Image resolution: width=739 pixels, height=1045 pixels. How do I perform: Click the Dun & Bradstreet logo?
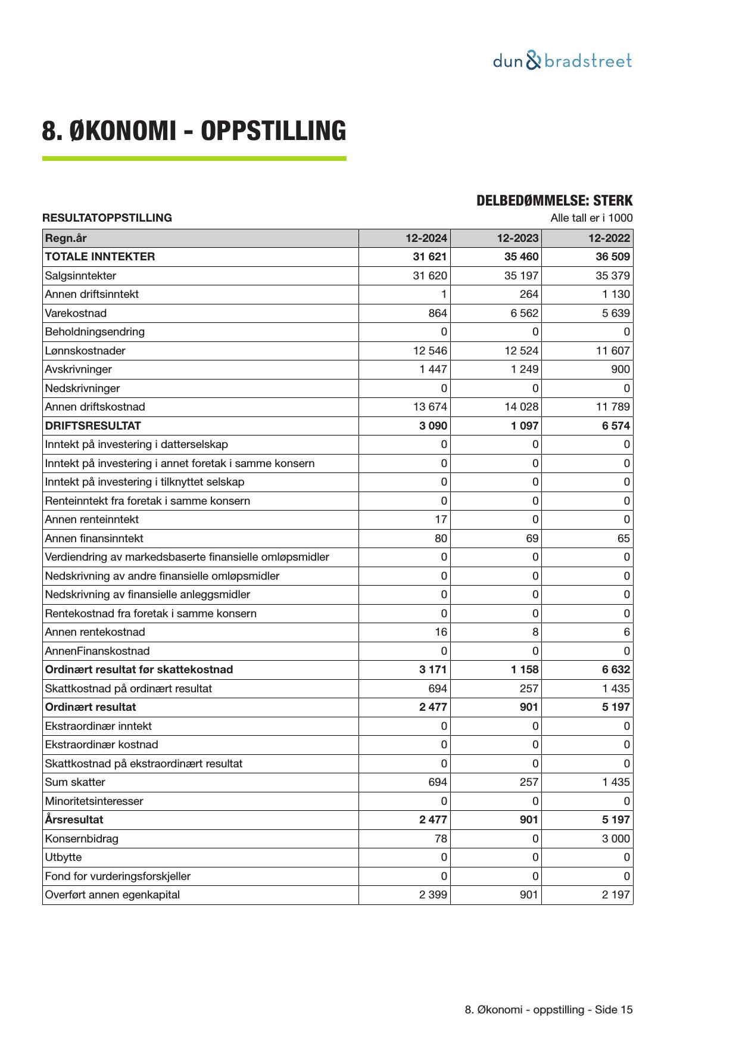tap(562, 61)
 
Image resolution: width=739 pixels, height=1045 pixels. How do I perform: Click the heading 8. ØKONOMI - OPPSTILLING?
tap(194, 131)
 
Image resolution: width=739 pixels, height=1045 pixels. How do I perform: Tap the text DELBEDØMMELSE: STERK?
tap(554, 201)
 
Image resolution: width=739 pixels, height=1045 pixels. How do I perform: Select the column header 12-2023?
tap(517, 238)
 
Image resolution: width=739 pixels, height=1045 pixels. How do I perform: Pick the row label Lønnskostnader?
tap(85, 351)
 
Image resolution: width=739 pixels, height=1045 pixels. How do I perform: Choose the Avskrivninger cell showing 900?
tap(620, 369)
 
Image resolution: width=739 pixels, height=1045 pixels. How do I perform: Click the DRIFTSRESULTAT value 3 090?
tap(433, 426)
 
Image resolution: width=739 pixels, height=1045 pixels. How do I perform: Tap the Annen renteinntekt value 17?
tap(441, 520)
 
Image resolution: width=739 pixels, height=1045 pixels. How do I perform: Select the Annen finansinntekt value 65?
tap(623, 539)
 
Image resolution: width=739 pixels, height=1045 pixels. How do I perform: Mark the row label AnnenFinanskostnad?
tap(97, 651)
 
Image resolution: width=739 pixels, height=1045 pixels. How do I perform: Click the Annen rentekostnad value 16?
tap(441, 632)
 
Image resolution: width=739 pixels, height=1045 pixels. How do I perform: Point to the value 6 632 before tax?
tap(616, 670)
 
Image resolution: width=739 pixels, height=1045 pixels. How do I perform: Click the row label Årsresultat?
tap(74, 820)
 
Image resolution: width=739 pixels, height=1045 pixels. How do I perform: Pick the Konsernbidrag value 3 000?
tap(616, 839)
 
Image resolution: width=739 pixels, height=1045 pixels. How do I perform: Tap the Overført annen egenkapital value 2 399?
tap(433, 895)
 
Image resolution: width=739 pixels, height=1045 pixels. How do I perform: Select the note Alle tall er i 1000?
tap(591, 218)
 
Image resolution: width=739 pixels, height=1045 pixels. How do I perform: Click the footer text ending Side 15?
tap(548, 1010)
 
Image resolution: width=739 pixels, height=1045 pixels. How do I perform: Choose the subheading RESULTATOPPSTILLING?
tap(107, 218)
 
